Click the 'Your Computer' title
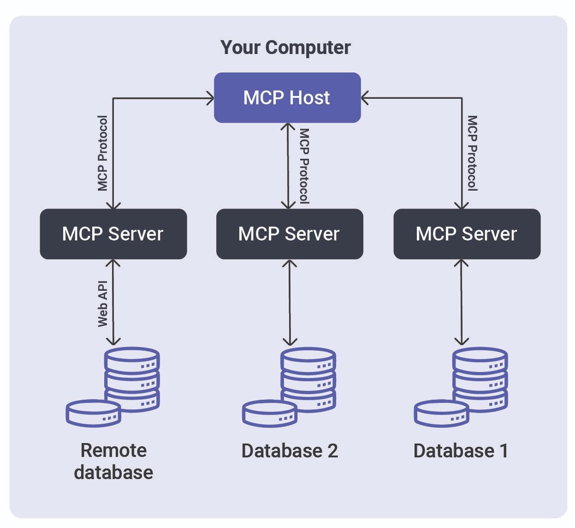(x=285, y=48)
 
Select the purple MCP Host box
(x=287, y=97)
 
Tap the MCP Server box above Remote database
(x=113, y=234)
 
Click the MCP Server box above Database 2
(x=289, y=234)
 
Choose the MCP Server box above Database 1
(x=467, y=234)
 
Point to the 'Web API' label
(x=102, y=304)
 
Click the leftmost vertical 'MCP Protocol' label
(x=102, y=153)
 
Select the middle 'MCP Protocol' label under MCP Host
(x=304, y=166)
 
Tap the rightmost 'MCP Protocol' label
(x=472, y=153)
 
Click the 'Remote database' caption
(x=113, y=461)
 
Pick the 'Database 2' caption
(x=290, y=451)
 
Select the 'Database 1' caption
(x=461, y=451)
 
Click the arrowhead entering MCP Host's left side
(x=210, y=98)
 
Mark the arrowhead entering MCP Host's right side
(x=365, y=98)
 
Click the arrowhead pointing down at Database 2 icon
(x=290, y=342)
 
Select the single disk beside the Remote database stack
(x=94, y=413)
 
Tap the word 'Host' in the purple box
(x=309, y=98)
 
